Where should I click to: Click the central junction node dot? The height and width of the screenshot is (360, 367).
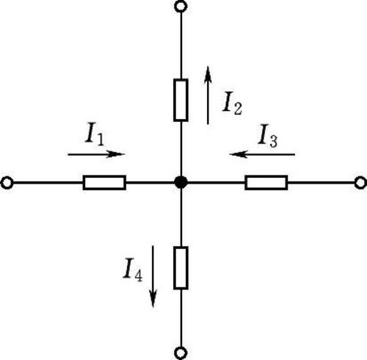point(181,182)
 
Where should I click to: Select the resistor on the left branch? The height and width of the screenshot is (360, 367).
point(104,183)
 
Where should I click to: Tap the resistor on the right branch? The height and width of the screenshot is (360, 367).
point(266,183)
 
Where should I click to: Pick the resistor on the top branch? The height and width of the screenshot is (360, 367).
point(181,100)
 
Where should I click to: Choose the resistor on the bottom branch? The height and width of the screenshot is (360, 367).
point(181,268)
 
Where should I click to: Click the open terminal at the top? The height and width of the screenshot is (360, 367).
point(181,7)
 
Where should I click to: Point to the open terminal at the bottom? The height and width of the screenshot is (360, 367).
point(181,353)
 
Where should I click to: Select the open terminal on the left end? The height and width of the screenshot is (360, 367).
point(7,183)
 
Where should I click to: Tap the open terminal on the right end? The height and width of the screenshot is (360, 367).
point(360,183)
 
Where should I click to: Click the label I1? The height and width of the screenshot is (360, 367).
point(95,134)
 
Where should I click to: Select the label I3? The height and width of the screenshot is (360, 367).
point(268,136)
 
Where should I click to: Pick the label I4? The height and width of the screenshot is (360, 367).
point(132,270)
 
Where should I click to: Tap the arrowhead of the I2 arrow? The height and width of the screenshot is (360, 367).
point(208,75)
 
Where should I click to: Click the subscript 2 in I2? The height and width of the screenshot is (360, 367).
point(238,108)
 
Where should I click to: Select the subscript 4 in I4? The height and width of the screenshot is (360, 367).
point(138,275)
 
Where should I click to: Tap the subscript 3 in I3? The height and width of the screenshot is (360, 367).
point(273,141)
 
